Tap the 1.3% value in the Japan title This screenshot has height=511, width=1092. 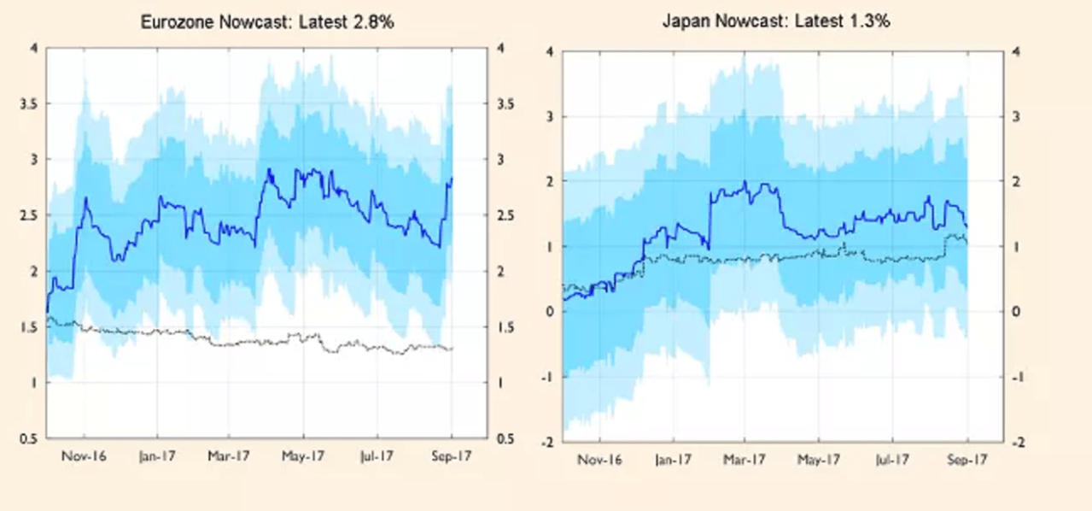click(x=870, y=21)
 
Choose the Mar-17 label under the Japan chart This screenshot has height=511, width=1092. click(x=744, y=461)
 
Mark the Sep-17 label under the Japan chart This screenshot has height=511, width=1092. click(x=967, y=461)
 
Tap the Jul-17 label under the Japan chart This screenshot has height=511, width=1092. click(x=892, y=461)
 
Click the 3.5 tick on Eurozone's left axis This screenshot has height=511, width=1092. click(x=28, y=104)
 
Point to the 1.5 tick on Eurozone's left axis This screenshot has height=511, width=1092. click(x=28, y=327)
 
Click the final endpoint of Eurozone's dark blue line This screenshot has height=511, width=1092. click(x=452, y=179)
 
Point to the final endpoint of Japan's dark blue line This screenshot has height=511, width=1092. click(x=966, y=226)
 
